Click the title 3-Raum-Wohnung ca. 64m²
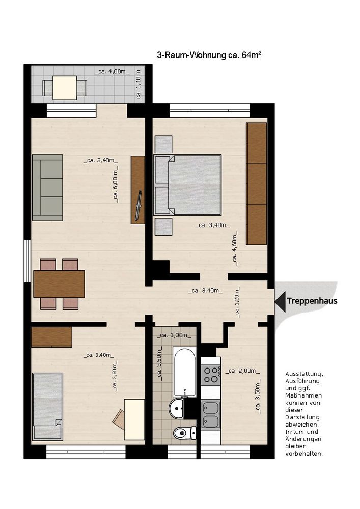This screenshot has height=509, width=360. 209,55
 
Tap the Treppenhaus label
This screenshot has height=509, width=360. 312,301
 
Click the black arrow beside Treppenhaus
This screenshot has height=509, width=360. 280,301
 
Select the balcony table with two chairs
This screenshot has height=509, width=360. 65,88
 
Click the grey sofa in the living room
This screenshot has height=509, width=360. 47,188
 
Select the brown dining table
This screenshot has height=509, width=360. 59,284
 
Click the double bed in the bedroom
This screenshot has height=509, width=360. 187,185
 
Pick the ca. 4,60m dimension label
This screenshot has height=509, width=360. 235,248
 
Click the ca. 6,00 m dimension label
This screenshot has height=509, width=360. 115,185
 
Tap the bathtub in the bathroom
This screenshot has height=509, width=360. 184,373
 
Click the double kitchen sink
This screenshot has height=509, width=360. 211,415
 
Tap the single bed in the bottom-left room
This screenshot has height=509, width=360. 47,406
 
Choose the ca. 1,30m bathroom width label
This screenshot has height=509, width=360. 174,335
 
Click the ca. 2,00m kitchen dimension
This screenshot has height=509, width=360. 242,371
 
